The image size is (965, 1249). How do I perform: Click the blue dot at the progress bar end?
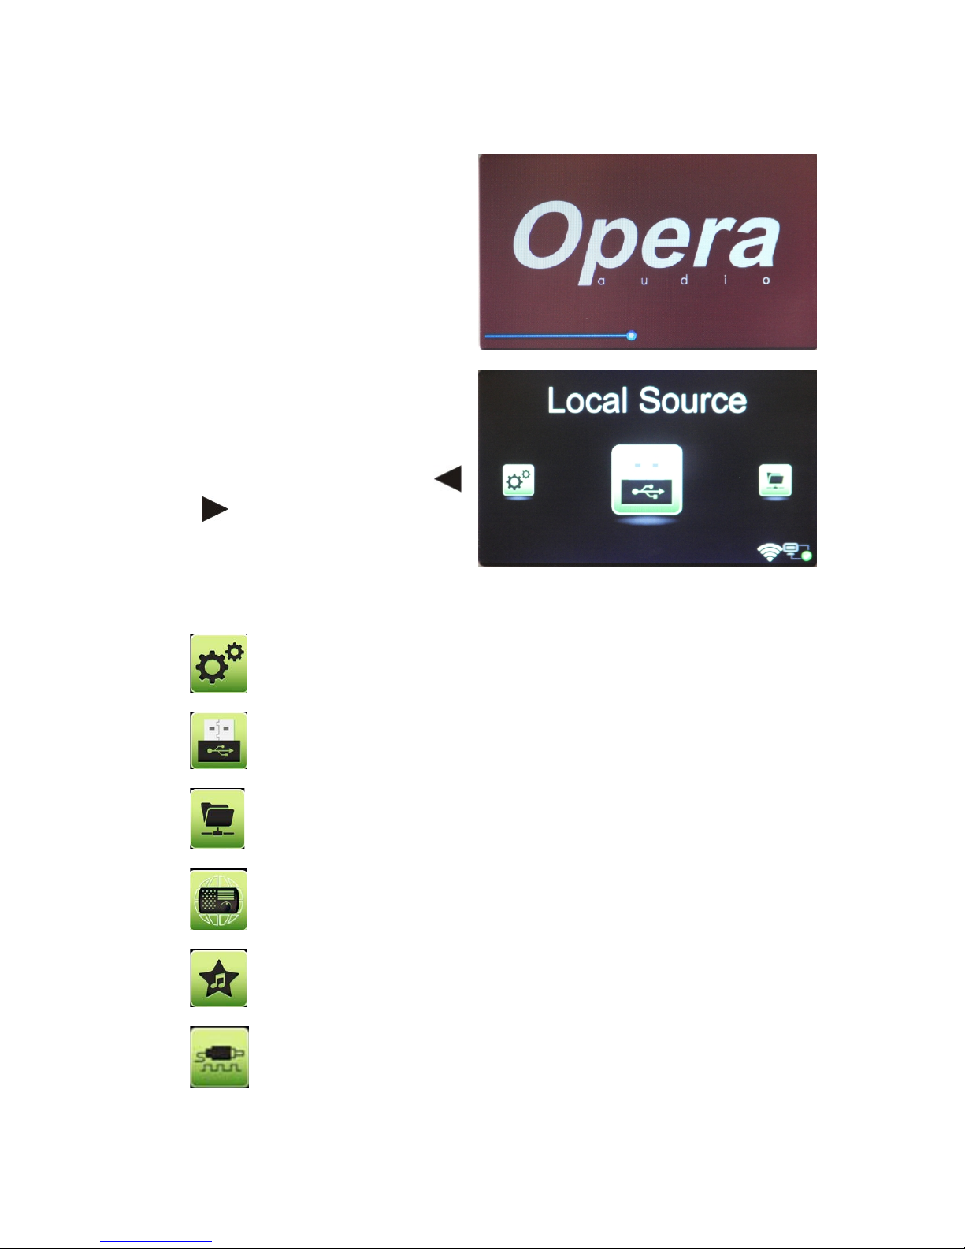coord(631,336)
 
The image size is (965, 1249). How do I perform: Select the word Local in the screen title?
coord(587,400)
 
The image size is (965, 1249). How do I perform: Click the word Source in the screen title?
coord(692,400)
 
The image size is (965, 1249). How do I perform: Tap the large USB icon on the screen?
coord(647,480)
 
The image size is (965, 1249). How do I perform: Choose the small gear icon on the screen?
coord(518,480)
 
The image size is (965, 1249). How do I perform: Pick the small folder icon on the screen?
coord(775,480)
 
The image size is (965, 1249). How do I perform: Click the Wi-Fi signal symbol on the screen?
coord(769,552)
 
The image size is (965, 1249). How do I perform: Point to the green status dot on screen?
coord(806,556)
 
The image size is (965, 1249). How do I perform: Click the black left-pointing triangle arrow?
coord(448,478)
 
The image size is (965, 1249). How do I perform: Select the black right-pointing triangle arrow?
coord(214,509)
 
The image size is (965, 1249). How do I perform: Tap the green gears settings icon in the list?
coord(219,663)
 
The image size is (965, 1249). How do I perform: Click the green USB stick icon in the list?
coord(219,740)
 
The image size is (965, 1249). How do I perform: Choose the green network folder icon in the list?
coord(218,818)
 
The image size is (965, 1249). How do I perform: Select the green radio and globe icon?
coord(219,899)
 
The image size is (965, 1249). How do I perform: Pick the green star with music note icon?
coord(219,978)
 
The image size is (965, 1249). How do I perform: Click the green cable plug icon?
coord(219,1057)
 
